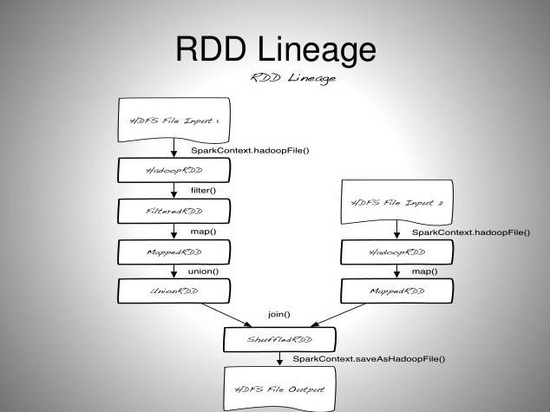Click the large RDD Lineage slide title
275,49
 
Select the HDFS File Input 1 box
174,121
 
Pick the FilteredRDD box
174,211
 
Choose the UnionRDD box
174,291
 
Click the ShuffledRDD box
278,340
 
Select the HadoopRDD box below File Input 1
174,170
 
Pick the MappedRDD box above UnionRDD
174,252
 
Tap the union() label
203,271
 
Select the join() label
279,314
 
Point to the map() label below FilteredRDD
203,232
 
